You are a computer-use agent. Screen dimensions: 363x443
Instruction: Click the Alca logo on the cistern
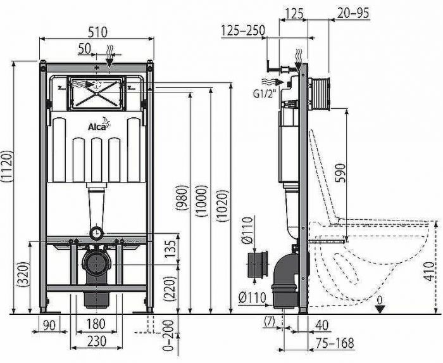96,126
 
